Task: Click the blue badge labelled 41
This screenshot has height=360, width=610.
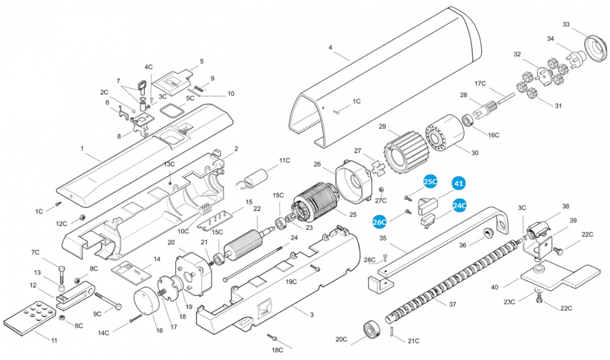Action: [x=459, y=183]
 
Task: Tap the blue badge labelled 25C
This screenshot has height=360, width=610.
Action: [x=431, y=182]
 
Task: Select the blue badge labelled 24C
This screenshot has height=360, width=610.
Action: [x=460, y=205]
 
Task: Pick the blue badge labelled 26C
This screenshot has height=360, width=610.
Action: [x=380, y=222]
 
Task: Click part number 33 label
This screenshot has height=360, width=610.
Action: [x=566, y=24]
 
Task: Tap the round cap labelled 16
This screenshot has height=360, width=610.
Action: [x=146, y=302]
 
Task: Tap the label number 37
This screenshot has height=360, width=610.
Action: [x=452, y=305]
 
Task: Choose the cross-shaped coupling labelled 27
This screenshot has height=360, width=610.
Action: [x=377, y=168]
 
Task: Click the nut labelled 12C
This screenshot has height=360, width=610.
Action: [x=80, y=218]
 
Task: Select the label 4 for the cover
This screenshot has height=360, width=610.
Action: [x=330, y=47]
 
